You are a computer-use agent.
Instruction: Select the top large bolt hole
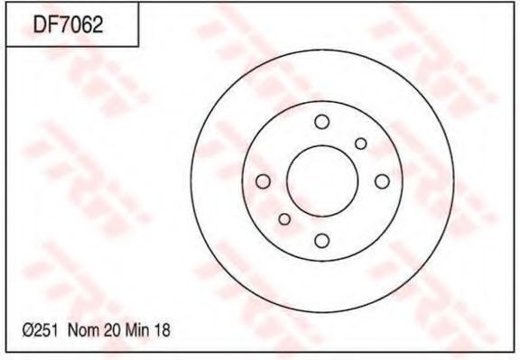322,122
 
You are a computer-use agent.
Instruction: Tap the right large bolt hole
382,181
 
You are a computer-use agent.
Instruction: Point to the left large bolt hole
263,181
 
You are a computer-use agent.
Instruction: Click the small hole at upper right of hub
360,143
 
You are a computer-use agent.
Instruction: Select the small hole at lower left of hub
284,219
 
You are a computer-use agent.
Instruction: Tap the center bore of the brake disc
322,181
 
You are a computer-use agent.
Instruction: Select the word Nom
81,331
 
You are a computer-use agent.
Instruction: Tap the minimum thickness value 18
162,331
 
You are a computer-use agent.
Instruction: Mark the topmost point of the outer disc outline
322,50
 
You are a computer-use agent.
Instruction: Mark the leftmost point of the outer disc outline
190,181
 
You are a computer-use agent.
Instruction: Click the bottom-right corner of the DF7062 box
138,47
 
